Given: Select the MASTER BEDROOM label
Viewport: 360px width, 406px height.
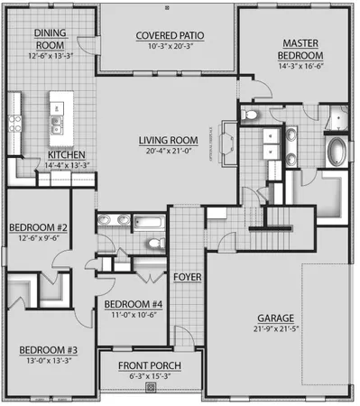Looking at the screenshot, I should [x=303, y=49].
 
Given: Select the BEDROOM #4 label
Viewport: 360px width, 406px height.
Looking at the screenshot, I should [x=132, y=304].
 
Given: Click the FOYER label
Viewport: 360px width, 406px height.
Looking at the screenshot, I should [x=187, y=276].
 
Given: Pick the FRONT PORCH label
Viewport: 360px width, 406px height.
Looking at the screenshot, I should [x=151, y=365].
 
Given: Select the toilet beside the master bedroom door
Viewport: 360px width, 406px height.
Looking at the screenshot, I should [x=252, y=114].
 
